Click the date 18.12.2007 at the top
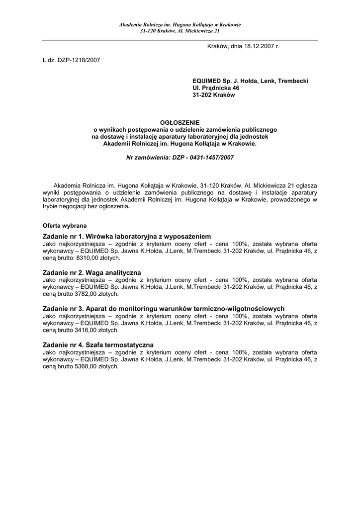(259, 46)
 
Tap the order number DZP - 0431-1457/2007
(202, 157)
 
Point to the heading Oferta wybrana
(65, 225)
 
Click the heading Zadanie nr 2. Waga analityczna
(92, 272)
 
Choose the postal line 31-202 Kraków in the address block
(213, 94)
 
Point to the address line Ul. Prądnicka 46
(216, 87)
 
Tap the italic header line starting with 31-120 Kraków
(180, 30)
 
